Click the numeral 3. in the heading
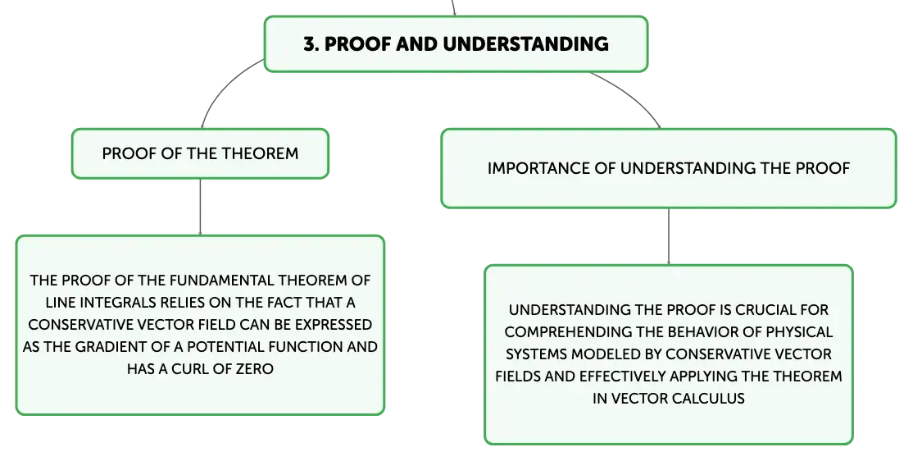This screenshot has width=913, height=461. pyautogui.click(x=311, y=43)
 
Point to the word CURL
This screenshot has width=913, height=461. pyautogui.click(x=189, y=369)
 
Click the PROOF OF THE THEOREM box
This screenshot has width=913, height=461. pyautogui.click(x=200, y=154)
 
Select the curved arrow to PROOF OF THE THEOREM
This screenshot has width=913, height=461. pyautogui.click(x=223, y=86)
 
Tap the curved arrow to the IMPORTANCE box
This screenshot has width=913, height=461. pyautogui.click(x=633, y=93)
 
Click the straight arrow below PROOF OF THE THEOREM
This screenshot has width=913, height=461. pyautogui.click(x=200, y=207)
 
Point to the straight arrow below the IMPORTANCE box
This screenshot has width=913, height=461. pyautogui.click(x=669, y=236)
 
